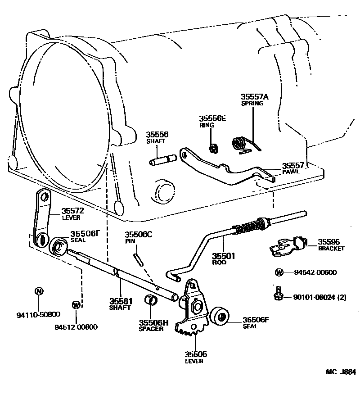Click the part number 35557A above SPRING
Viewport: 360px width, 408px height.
click(x=254, y=97)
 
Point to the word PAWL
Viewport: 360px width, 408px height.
click(x=288, y=172)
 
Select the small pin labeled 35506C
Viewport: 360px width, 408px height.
click(x=138, y=260)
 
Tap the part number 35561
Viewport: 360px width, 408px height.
click(x=120, y=301)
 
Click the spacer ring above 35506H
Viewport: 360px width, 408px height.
click(x=151, y=300)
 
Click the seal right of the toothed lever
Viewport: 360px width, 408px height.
click(x=220, y=316)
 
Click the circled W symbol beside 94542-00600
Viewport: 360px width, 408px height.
click(x=279, y=272)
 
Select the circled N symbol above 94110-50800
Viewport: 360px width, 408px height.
click(x=39, y=291)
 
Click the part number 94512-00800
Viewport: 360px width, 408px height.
click(x=76, y=327)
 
